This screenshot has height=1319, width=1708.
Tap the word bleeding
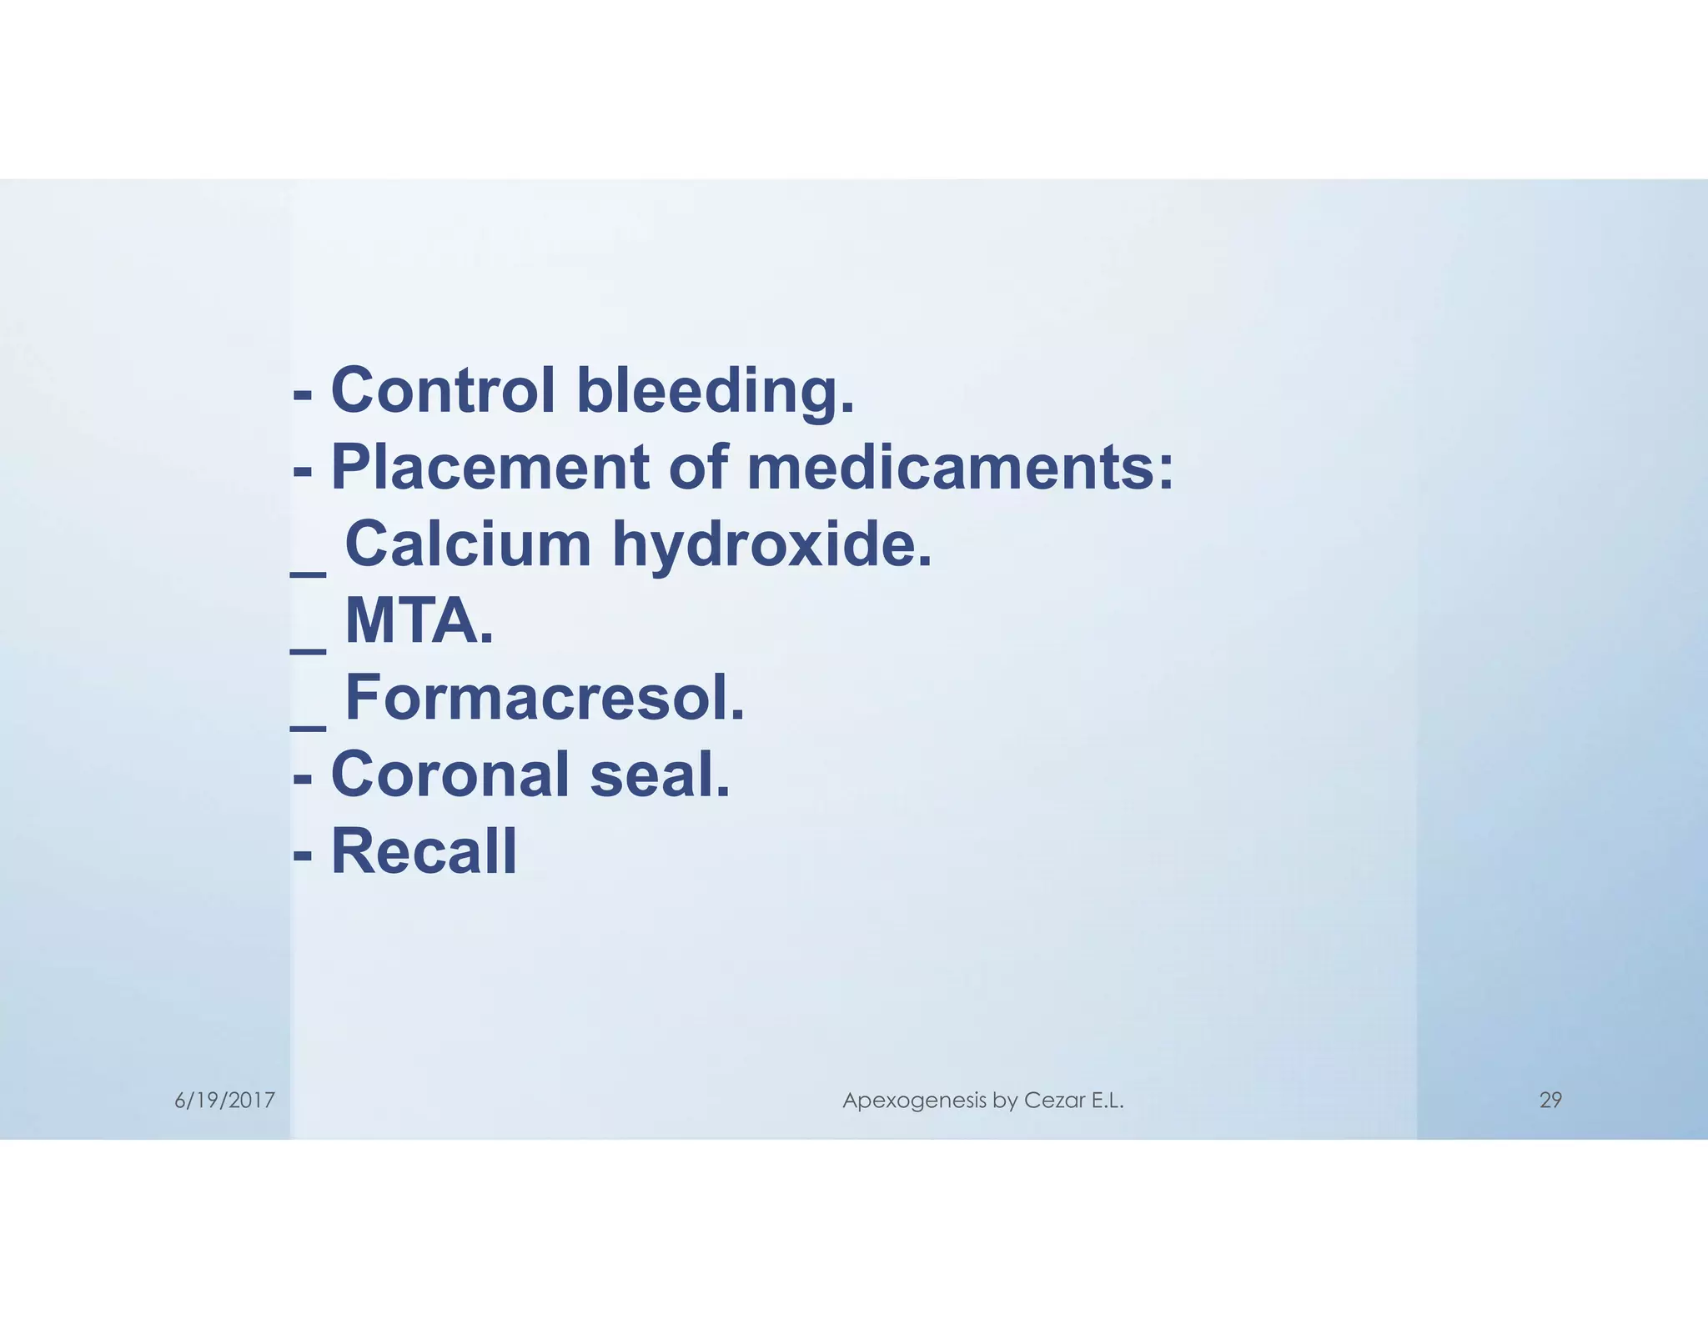pos(716,392)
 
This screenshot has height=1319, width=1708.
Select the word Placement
pos(490,467)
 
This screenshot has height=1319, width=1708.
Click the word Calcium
pos(468,544)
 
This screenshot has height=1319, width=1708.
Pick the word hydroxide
pos(772,545)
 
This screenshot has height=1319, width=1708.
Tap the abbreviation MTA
pos(419,621)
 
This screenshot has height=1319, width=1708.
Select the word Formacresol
pos(545,698)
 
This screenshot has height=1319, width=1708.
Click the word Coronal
pos(450,775)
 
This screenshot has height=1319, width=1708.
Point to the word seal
pos(660,775)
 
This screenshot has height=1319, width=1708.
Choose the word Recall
pos(424,851)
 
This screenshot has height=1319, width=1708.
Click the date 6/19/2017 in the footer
pos(224,1101)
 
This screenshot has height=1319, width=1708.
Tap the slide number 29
pos(1550,1101)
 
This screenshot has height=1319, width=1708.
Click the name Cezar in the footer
pos(1055,1101)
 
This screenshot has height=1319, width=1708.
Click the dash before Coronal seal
pos(303,779)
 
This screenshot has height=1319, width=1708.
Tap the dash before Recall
pos(303,855)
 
